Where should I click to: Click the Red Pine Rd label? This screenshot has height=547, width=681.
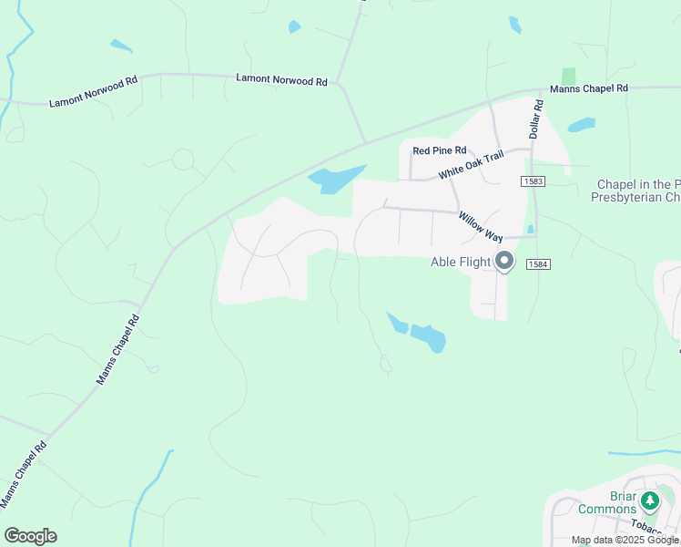pyautogui.click(x=439, y=150)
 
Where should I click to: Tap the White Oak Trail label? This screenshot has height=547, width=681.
pyautogui.click(x=471, y=165)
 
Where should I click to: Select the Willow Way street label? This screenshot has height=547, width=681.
pyautogui.click(x=481, y=226)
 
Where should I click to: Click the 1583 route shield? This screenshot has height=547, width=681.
pyautogui.click(x=534, y=182)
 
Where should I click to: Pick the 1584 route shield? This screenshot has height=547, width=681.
pyautogui.click(x=539, y=264)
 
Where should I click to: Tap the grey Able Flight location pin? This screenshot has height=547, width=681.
pyautogui.click(x=505, y=263)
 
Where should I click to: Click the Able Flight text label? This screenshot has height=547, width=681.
pyautogui.click(x=461, y=263)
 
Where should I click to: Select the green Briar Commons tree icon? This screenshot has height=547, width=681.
pyautogui.click(x=649, y=501)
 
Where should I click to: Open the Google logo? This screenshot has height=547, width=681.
pyautogui.click(x=30, y=536)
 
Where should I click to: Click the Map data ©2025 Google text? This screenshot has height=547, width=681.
pyautogui.click(x=625, y=540)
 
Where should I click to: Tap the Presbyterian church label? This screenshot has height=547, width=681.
pyautogui.click(x=637, y=191)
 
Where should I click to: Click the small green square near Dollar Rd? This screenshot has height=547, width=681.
pyautogui.click(x=569, y=77)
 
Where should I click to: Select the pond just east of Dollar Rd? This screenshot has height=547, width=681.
pyautogui.click(x=581, y=125)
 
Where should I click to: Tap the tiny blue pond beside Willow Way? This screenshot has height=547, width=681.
pyautogui.click(x=530, y=229)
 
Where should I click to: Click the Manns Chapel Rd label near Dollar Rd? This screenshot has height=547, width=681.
pyautogui.click(x=588, y=88)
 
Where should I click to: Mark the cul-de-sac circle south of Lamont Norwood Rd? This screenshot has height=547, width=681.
pyautogui.click(x=183, y=160)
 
